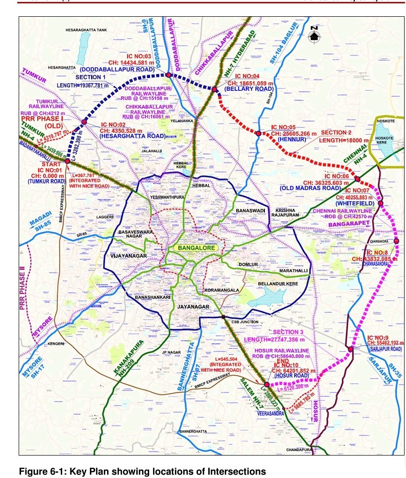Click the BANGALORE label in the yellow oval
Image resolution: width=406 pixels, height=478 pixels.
click(x=195, y=248)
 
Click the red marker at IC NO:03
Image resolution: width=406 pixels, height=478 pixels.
click(x=168, y=75)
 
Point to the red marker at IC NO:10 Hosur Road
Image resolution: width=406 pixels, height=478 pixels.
click(x=266, y=384)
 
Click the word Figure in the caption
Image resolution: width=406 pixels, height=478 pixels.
click(x=32, y=472)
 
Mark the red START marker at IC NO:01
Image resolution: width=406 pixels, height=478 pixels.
click(x=67, y=161)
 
